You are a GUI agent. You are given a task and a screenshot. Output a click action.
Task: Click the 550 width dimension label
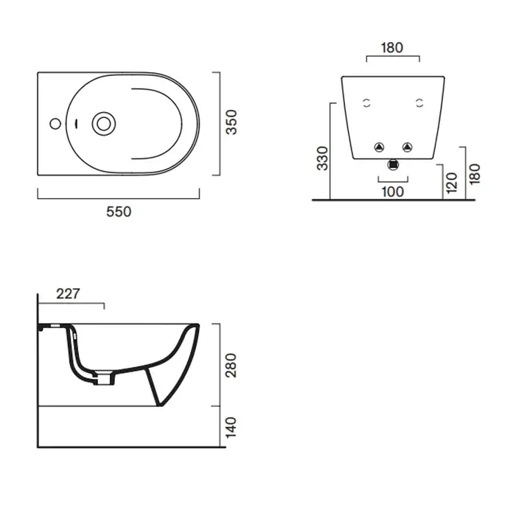point(119,212)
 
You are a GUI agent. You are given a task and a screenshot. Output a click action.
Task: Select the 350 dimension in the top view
point(231,122)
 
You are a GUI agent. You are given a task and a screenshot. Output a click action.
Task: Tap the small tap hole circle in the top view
point(55,124)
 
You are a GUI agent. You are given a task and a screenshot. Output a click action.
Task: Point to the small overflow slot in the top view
point(77,124)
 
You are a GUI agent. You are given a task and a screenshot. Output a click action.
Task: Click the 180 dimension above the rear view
point(392,48)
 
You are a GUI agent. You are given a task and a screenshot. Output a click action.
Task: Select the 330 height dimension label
point(323,158)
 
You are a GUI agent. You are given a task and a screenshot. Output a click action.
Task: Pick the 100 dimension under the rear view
point(393,192)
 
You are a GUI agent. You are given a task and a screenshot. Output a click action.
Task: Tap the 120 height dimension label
point(452,183)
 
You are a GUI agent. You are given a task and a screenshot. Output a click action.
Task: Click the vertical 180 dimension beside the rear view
point(475,175)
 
